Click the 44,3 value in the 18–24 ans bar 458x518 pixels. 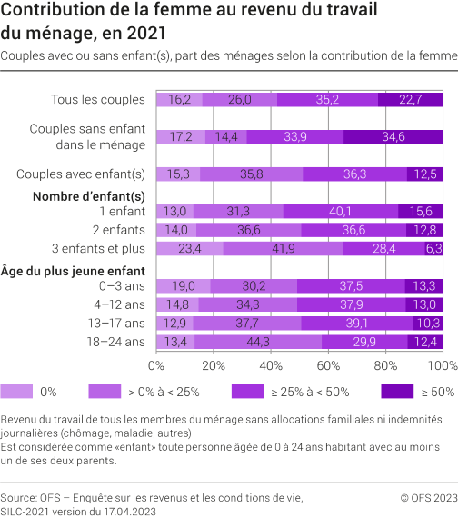click(232, 341)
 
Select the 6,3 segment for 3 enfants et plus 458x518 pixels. click(433, 248)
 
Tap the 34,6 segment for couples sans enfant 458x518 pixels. click(393, 136)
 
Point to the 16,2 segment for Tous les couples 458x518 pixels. click(179, 100)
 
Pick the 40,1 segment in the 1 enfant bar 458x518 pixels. click(341, 211)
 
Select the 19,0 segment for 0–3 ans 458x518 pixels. click(183, 285)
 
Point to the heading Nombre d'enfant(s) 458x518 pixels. click(88, 195)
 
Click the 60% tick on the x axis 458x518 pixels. click(328, 364)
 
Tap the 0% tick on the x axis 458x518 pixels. click(156, 364)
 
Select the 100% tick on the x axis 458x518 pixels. click(443, 364)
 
